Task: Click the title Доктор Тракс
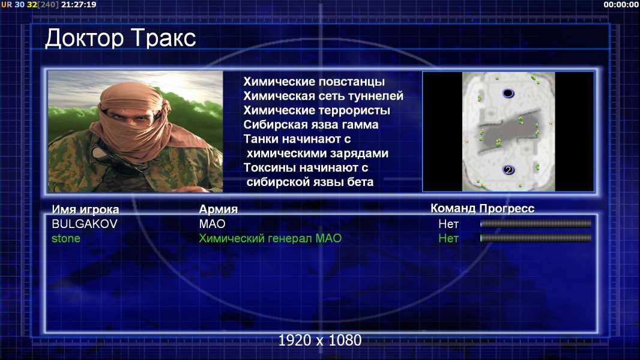(x=121, y=39)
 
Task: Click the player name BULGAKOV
(x=85, y=224)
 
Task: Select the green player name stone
(x=65, y=239)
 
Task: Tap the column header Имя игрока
(x=85, y=209)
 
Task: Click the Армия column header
(x=218, y=209)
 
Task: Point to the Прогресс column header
(x=507, y=208)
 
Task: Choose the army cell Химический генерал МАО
(x=270, y=239)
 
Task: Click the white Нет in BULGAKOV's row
(x=448, y=224)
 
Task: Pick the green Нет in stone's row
(x=448, y=239)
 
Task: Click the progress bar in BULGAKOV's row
(x=536, y=223)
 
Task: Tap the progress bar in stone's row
(x=536, y=238)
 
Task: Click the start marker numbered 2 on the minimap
(x=508, y=170)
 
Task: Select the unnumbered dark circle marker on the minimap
(x=508, y=94)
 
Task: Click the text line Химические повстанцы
(x=314, y=82)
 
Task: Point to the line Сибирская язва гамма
(x=310, y=124)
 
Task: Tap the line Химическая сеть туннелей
(x=323, y=96)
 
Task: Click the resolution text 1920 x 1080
(x=320, y=340)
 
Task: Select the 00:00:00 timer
(x=621, y=4)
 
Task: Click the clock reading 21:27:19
(x=79, y=4)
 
